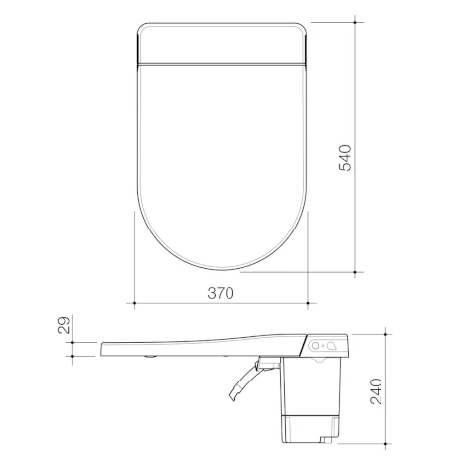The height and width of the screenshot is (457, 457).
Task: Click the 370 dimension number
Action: click(x=220, y=294)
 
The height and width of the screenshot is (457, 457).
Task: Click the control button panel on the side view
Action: click(x=325, y=346)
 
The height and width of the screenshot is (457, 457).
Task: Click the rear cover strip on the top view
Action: click(x=220, y=43)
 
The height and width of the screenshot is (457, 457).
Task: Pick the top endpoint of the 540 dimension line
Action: click(x=357, y=21)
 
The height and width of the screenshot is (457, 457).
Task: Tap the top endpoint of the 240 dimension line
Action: click(x=381, y=333)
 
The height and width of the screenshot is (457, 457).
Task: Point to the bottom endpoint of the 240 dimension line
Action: click(x=381, y=442)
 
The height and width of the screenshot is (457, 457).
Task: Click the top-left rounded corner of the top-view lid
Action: click(x=138, y=27)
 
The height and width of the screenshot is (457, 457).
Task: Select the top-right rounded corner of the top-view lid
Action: click(x=301, y=27)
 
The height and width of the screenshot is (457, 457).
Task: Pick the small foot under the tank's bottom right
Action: click(x=328, y=438)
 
